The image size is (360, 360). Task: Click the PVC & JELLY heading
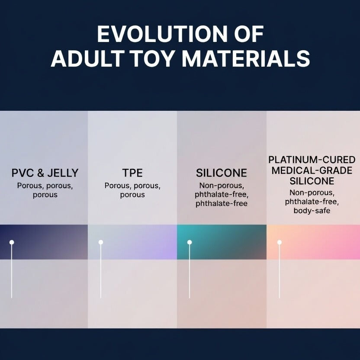[45, 174]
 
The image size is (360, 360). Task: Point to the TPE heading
[132, 174]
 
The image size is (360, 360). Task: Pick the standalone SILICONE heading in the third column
[222, 174]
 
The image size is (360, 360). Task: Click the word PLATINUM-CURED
[312, 160]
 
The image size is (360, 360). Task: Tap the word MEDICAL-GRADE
[312, 170]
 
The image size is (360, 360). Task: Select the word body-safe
[312, 211]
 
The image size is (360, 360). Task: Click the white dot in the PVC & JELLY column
[12, 242]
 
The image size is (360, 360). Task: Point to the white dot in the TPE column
[101, 242]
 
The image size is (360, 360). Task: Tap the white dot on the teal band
[190, 242]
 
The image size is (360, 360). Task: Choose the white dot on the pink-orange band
[280, 242]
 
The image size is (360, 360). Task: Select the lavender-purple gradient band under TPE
[138, 242]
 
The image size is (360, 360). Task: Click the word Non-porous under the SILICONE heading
[222, 186]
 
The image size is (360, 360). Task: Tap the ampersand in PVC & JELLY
[40, 174]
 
